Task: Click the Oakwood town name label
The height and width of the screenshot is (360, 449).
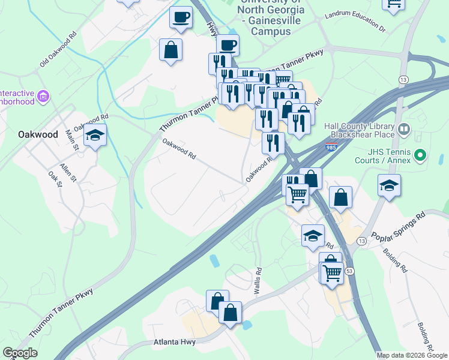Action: pos(38,134)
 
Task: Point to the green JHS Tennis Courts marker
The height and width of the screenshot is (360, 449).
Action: pos(420,156)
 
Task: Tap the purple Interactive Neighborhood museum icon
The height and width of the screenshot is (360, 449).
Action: pos(42,96)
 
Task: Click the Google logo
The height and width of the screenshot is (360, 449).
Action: pos(20,353)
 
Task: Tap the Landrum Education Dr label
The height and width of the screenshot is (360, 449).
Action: pos(354,21)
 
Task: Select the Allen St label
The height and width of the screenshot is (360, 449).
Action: pos(68,171)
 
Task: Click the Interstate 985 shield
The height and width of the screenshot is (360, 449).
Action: pos(331,147)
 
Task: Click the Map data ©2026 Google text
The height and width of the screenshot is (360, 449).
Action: pos(412,355)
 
